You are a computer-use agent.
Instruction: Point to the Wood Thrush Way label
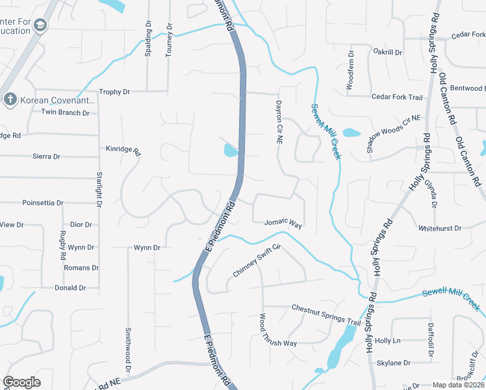278,331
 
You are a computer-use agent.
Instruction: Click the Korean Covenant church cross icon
10,99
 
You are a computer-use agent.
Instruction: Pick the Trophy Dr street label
115,92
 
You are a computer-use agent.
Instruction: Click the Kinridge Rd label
123,151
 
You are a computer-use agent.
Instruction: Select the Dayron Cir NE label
278,122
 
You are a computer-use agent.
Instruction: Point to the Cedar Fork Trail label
396,97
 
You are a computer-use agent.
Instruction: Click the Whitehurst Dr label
440,229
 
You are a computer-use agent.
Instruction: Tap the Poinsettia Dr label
43,203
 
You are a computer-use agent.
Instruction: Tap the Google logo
22,382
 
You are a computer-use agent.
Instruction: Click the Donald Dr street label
70,288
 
